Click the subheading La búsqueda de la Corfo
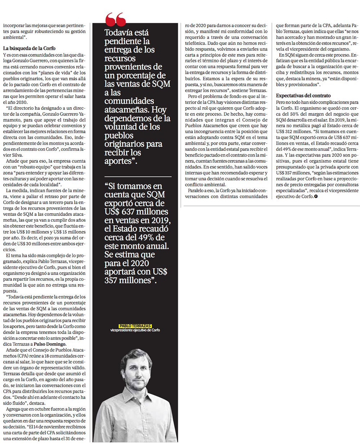click(29, 48)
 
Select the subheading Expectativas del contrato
click(303, 96)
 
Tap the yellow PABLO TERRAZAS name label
click(135, 326)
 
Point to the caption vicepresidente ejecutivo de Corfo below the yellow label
click(135, 330)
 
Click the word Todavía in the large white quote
click(119, 33)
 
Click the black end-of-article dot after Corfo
click(316, 197)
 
